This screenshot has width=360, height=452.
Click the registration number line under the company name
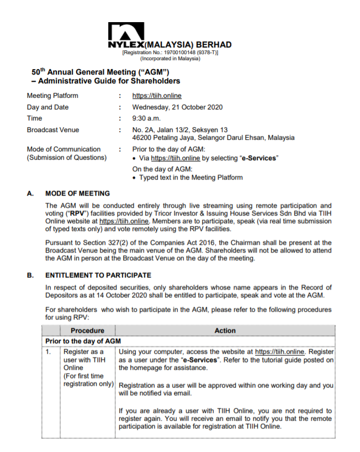(170, 52)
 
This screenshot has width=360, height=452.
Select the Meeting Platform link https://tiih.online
(157, 96)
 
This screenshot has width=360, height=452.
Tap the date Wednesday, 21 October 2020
(177, 107)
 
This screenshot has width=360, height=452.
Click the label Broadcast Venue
(52, 130)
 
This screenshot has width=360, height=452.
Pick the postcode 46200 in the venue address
(142, 138)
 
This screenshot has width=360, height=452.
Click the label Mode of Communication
(63, 149)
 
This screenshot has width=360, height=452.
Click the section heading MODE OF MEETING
(77, 193)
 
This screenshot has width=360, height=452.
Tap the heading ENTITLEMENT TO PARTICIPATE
(98, 275)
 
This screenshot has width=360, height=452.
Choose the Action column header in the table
(225, 330)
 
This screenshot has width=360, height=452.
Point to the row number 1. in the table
(49, 351)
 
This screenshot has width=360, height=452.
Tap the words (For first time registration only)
(88, 380)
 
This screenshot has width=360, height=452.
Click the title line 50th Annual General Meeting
(100, 72)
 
